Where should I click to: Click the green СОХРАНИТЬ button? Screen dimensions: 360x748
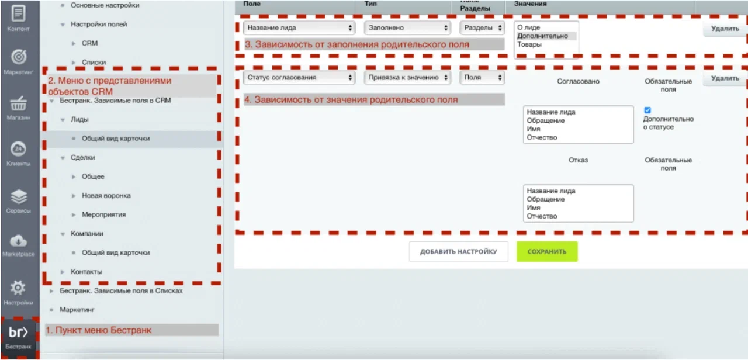point(547,252)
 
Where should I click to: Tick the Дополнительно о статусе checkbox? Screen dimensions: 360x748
point(647,110)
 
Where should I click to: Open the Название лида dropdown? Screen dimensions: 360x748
point(299,27)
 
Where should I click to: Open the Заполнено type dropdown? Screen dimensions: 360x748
point(407,27)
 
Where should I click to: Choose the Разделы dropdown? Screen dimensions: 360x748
point(482,27)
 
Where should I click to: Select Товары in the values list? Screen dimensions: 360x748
point(529,44)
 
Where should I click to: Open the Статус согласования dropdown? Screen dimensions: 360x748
point(299,77)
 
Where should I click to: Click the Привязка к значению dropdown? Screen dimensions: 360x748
point(407,77)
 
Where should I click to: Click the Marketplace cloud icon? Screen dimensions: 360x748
point(19,240)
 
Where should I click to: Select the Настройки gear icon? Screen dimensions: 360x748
point(19,288)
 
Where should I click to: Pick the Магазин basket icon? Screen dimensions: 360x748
point(19,105)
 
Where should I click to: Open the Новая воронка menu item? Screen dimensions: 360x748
point(106,196)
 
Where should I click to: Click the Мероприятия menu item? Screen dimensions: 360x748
point(103,214)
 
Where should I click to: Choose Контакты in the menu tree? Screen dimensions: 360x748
point(86,271)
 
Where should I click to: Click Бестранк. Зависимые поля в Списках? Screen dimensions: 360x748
point(121,290)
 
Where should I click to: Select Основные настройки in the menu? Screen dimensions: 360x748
point(105,5)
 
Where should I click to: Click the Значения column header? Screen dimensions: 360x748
point(530,4)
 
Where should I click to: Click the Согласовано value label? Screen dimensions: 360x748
point(578,81)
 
